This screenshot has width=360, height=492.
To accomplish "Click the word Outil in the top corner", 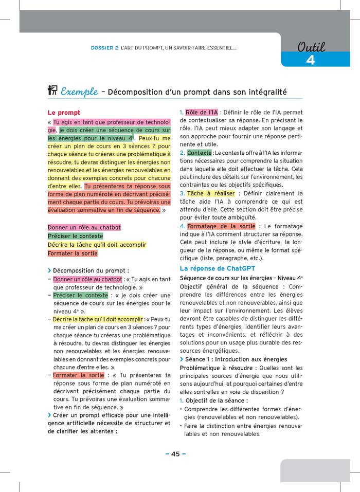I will pyautogui.click(x=311, y=47).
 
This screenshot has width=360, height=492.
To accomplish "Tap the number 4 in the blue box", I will pyautogui.click(x=310, y=60).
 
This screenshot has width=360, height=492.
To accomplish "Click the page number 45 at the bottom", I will pyautogui.click(x=175, y=453).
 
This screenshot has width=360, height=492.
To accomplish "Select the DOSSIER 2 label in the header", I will pyautogui.click(x=104, y=48).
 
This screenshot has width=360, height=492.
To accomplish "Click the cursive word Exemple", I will pyautogui.click(x=79, y=92).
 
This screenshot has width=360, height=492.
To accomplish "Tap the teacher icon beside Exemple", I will pyautogui.click(x=52, y=91).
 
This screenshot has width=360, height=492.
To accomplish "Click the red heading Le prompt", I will pyautogui.click(x=64, y=113).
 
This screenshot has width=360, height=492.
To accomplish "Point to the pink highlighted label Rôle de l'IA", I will pyautogui.click(x=202, y=112).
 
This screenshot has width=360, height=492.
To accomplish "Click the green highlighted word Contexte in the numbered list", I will pyautogui.click(x=200, y=153).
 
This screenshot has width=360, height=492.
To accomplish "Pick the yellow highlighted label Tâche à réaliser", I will pyautogui.click(x=211, y=193).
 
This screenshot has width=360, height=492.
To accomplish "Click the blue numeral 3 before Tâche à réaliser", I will pyautogui.click(x=182, y=193).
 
